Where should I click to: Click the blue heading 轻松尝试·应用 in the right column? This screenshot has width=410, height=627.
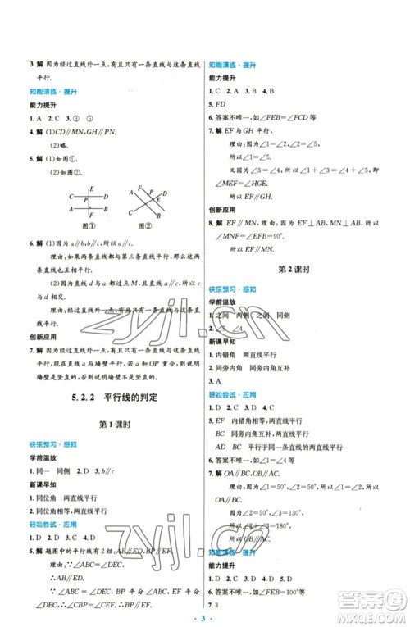230,383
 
